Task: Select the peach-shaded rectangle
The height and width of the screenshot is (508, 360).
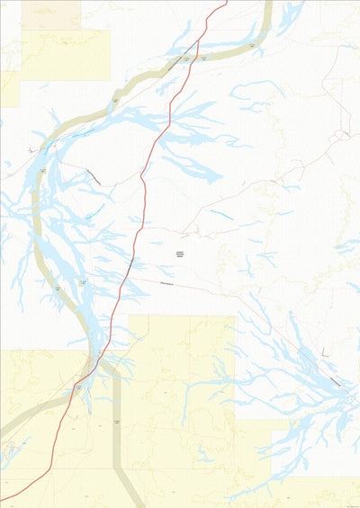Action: tap(50, 15)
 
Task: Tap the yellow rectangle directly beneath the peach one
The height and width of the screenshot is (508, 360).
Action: tap(65, 55)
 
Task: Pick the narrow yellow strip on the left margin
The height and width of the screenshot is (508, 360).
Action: tap(9, 88)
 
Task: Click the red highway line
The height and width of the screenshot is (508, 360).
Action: tap(144, 180)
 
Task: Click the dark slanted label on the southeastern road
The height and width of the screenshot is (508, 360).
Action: tap(336, 380)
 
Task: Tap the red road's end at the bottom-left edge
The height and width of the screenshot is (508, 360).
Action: tap(3, 500)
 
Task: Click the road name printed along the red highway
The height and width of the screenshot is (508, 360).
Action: tap(130, 266)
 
